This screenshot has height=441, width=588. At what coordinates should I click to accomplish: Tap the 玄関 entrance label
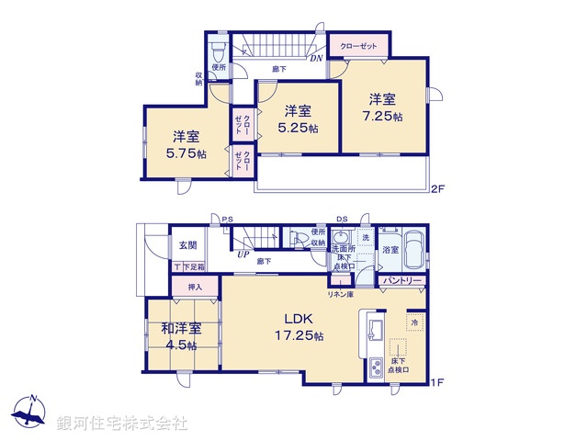pos(187,244)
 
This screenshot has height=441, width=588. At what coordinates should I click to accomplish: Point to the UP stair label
pos(243,254)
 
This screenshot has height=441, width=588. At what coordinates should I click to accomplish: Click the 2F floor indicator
pos(438,189)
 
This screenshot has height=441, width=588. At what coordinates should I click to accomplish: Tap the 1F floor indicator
pos(438,381)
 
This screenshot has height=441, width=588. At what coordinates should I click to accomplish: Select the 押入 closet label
pos(194,288)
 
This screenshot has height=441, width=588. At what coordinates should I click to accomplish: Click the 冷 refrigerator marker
pos(414,322)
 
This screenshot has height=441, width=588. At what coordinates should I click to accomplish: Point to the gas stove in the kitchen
pos(377,369)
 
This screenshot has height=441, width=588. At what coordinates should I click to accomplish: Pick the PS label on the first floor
pos(227,218)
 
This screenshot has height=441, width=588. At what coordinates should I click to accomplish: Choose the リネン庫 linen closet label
pos(341,293)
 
